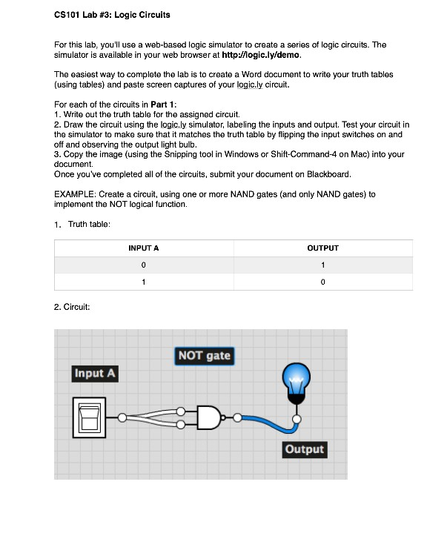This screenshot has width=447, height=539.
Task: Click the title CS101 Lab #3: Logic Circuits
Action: [112, 15]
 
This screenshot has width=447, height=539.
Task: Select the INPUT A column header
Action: [144, 248]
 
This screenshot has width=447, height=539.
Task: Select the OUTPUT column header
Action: [322, 248]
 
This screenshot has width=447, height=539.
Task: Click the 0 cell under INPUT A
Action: [144, 265]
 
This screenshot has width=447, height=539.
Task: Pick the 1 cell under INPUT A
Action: [144, 282]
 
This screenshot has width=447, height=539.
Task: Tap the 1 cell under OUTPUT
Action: [322, 265]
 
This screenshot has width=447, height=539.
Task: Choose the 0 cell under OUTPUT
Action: [322, 282]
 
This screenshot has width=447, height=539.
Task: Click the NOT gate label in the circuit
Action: [204, 356]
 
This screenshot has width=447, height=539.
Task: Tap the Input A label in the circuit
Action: [95, 373]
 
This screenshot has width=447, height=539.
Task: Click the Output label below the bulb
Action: [304, 449]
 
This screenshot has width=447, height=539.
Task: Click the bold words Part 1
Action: [165, 104]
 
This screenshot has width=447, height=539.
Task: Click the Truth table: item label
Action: [89, 224]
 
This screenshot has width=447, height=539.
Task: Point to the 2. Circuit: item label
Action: [72, 306]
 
